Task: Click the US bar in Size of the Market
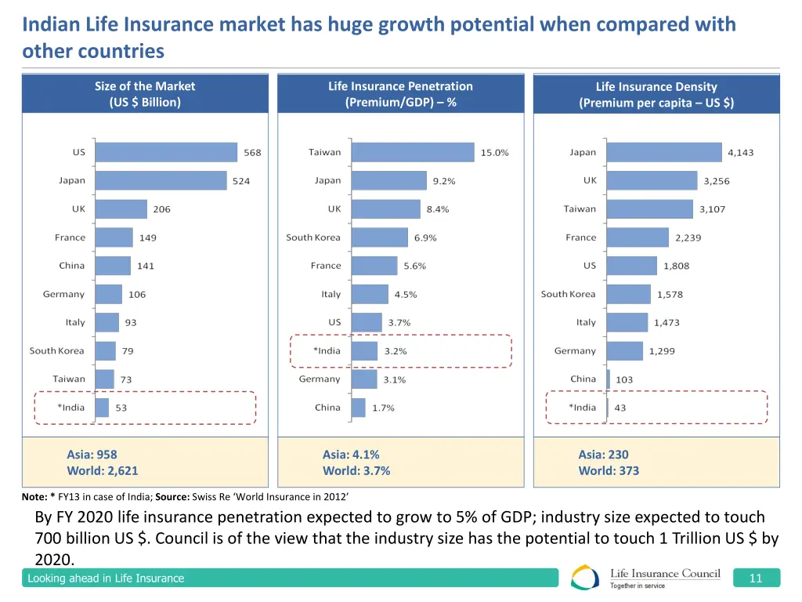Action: (166, 152)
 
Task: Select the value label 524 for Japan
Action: (241, 181)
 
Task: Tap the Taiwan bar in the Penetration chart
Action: (413, 152)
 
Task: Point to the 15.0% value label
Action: (494, 153)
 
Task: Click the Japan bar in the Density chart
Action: (664, 152)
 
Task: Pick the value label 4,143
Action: (740, 153)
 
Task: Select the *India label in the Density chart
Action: (582, 408)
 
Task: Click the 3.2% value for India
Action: (396, 351)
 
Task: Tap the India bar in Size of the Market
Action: (102, 408)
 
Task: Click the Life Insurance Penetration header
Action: (400, 94)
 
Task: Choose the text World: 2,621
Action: (103, 471)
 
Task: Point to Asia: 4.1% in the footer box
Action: (351, 455)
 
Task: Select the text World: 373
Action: (609, 471)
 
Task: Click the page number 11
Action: (756, 578)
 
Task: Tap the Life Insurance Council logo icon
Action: (585, 578)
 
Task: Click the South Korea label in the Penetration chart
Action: (313, 238)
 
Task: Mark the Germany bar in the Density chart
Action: (624, 351)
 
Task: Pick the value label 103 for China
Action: (624, 380)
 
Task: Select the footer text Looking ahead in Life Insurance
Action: (106, 578)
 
